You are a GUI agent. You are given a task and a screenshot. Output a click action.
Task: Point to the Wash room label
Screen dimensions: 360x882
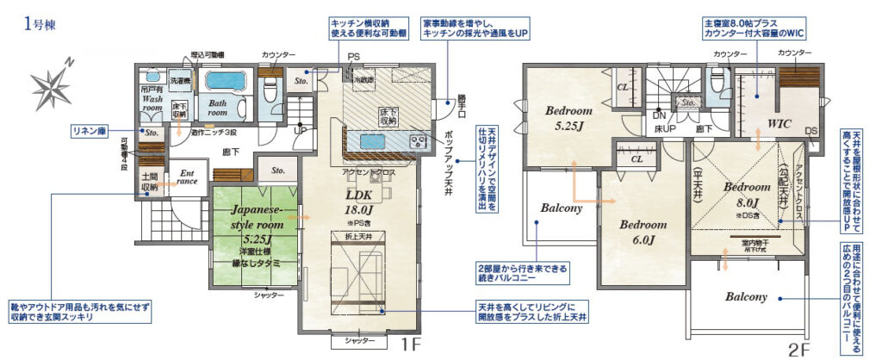coord(152,103)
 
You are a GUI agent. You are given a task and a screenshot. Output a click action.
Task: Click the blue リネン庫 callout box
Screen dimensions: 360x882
coord(94,132)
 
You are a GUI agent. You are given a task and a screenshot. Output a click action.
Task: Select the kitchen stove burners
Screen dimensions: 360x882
coord(417,142)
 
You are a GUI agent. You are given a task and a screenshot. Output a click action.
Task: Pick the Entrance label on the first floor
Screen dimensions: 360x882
coord(187,177)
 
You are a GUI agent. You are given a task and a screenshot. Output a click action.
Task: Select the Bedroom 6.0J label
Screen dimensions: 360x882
coord(643,232)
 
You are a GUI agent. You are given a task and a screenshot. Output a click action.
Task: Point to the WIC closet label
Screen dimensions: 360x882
coord(779,123)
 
